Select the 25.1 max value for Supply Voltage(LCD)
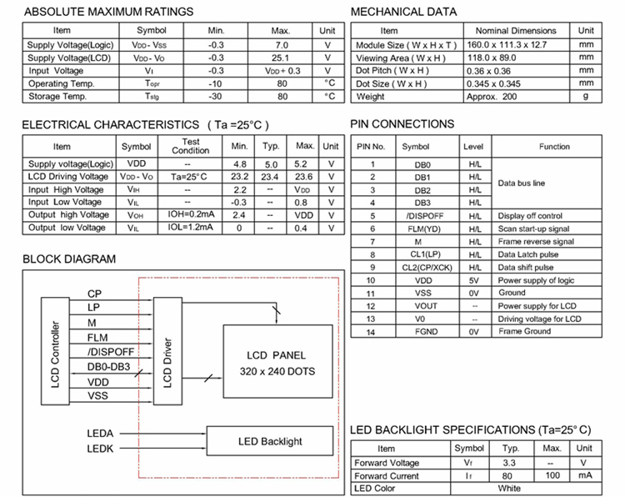pyautogui.click(x=281, y=58)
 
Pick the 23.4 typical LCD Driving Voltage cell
pyautogui.click(x=270, y=177)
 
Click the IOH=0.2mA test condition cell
pyautogui.click(x=190, y=214)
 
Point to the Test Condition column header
pyautogui.click(x=190, y=146)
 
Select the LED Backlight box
pyautogui.click(x=270, y=441)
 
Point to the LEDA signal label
pyautogui.click(x=100, y=434)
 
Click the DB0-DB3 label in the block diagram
pyautogui.click(x=108, y=366)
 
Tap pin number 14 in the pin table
pyautogui.click(x=372, y=331)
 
